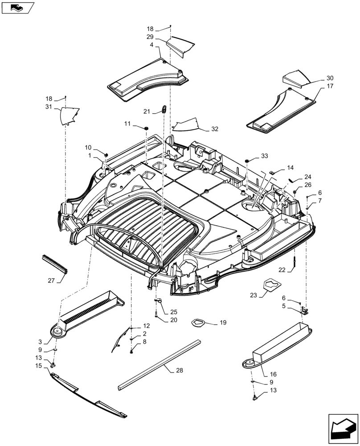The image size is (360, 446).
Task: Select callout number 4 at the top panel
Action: click(x=151, y=45)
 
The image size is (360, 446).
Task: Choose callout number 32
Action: click(x=215, y=129)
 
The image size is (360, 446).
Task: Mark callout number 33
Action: click(x=265, y=156)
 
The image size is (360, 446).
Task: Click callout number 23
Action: click(x=254, y=295)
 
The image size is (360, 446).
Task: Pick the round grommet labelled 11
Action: click(x=145, y=128)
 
